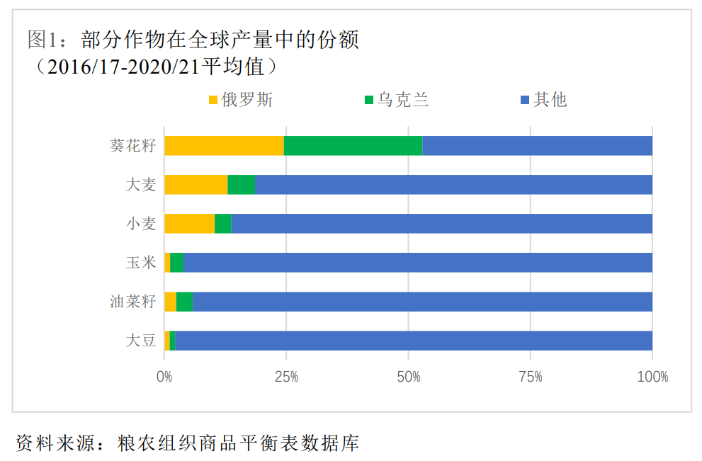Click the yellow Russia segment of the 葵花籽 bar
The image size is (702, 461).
(x=224, y=146)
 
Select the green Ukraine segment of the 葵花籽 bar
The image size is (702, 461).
(x=353, y=146)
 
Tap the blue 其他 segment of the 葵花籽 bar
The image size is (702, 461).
(x=537, y=146)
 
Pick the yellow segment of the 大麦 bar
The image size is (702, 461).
(x=196, y=185)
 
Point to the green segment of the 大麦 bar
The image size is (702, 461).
(x=241, y=185)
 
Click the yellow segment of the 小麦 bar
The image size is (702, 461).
(x=189, y=224)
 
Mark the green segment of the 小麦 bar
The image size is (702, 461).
(x=223, y=224)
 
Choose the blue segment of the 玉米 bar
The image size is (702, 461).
(x=418, y=263)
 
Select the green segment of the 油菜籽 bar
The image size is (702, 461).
(x=184, y=302)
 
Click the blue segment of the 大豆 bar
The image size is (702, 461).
(x=414, y=341)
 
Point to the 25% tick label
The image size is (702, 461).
(x=286, y=377)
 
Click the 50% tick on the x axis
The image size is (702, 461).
(x=408, y=377)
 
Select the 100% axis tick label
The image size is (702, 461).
(x=652, y=377)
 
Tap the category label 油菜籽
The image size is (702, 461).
(x=132, y=302)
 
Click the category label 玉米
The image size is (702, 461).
(x=140, y=263)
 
